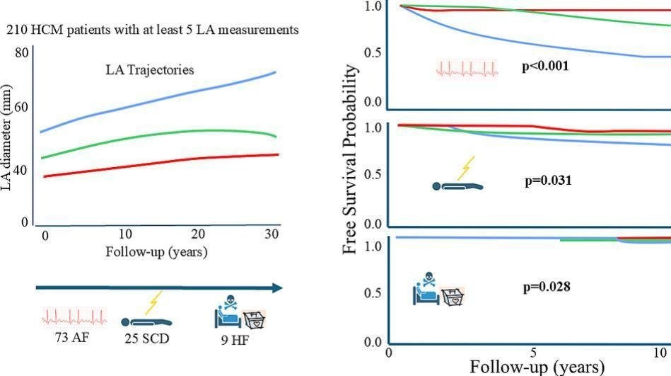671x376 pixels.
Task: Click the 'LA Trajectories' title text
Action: (x=148, y=70)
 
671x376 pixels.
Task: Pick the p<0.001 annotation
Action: (x=545, y=66)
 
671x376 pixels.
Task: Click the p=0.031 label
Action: (x=548, y=181)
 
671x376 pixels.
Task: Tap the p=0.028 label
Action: (x=547, y=287)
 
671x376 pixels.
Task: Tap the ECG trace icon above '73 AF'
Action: (x=74, y=317)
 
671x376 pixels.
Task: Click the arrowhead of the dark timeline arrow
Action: (x=277, y=287)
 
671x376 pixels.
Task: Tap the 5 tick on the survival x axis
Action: (x=534, y=352)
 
